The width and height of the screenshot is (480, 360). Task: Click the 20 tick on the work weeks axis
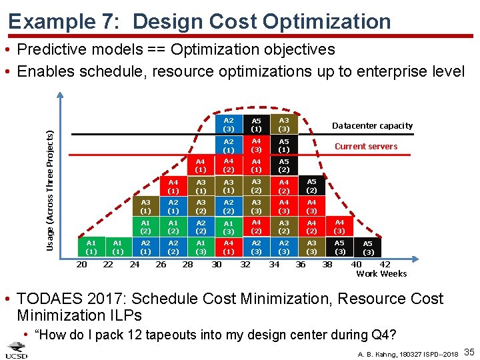point(81,265)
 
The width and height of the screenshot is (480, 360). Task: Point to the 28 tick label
point(188,265)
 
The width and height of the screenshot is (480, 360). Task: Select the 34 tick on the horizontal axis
point(274,265)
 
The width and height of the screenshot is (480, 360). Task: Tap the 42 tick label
point(385,265)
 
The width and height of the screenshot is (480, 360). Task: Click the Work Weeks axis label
point(381,274)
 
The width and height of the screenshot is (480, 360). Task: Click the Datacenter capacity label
point(372,125)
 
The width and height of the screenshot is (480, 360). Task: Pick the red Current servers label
point(366,146)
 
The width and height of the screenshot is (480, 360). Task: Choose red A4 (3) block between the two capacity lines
point(256,145)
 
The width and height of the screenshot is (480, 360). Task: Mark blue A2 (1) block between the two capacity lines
point(229,145)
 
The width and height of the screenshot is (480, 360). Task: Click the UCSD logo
point(16,349)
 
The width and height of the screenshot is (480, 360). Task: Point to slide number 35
point(468,351)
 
